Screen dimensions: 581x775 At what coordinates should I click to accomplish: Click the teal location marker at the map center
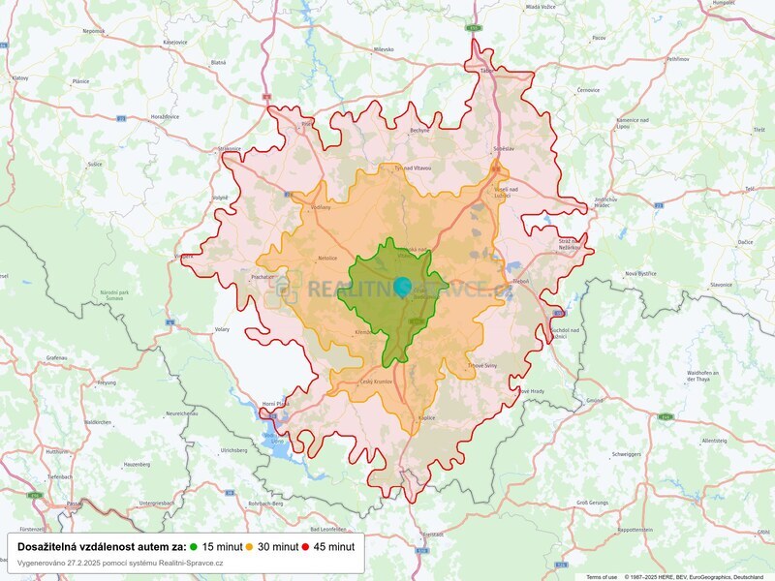(402, 287)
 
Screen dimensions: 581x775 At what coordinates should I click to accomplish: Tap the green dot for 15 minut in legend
(194, 546)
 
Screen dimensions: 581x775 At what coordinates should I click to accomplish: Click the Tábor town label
(486, 71)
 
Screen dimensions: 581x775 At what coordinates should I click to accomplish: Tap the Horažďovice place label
(164, 116)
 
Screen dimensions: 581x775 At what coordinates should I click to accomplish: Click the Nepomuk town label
(94, 31)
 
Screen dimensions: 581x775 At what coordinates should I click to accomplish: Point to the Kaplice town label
(427, 417)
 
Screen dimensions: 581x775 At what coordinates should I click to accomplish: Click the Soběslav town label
(504, 147)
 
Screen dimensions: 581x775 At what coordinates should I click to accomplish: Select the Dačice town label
(718, 240)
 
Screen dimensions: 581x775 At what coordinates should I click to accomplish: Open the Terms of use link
(601, 576)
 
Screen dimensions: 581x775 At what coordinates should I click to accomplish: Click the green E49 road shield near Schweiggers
(665, 417)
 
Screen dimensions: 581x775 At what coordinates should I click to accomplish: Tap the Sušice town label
(95, 165)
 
